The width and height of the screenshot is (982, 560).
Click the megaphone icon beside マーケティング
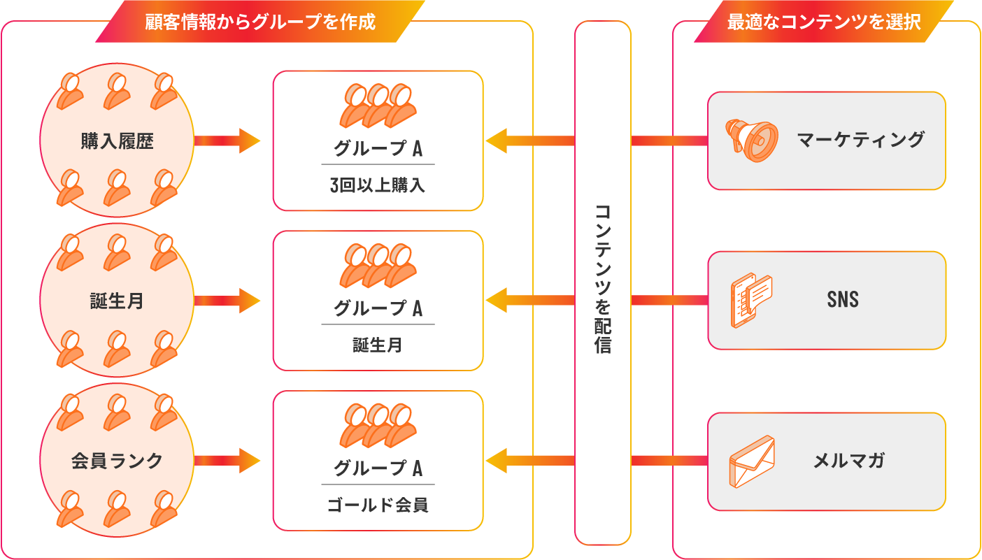point(751,141)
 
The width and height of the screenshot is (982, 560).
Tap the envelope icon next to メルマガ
point(752,461)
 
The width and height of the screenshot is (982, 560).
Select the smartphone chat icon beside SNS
point(751,300)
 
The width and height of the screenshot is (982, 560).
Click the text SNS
point(843,300)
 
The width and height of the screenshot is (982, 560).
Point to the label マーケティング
point(860,141)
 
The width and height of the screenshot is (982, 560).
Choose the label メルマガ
point(848,461)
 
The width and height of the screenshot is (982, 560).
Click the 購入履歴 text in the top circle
point(117,141)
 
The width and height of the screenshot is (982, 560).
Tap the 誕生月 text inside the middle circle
point(117,301)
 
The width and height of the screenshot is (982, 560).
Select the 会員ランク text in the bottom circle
point(117,461)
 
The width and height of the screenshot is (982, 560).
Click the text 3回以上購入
point(378,185)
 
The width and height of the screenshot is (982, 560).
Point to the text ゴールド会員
point(378,505)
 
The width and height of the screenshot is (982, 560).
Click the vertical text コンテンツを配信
point(603,279)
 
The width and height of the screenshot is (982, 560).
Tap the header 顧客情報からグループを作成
point(260,22)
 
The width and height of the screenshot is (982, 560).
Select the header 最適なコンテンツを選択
point(824,22)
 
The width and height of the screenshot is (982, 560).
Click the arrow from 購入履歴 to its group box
point(227,141)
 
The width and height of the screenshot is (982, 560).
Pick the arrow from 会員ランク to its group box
point(227,461)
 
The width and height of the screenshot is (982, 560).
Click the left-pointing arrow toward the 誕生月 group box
point(530,300)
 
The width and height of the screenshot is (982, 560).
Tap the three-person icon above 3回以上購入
point(378,106)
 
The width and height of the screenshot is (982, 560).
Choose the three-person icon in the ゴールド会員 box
point(378,426)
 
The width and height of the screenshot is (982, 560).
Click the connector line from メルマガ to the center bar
point(669,461)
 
